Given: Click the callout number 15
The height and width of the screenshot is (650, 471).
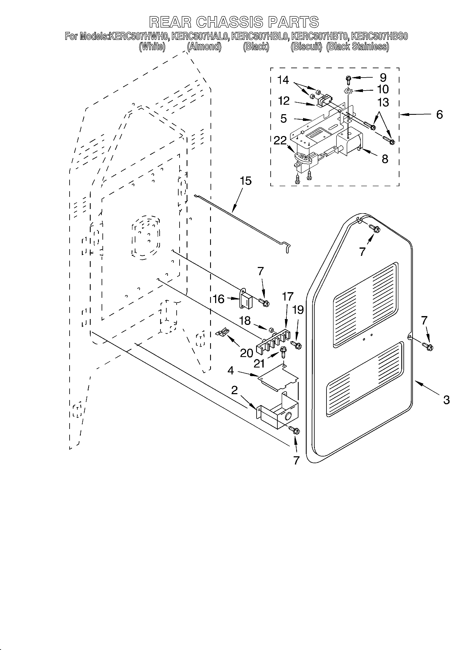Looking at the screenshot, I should (245, 181).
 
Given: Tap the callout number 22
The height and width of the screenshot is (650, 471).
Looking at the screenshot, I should (280, 140).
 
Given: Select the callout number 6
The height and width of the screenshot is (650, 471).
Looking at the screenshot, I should (439, 114).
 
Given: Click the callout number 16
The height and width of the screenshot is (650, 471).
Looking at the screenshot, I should (219, 299).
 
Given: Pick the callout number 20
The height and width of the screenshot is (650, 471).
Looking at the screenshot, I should (246, 353).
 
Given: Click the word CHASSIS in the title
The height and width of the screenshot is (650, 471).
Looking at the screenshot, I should (230, 22).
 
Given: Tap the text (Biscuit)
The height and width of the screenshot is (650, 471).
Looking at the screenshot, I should (306, 47).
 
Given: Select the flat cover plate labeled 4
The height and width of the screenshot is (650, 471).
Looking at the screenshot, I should (277, 377).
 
